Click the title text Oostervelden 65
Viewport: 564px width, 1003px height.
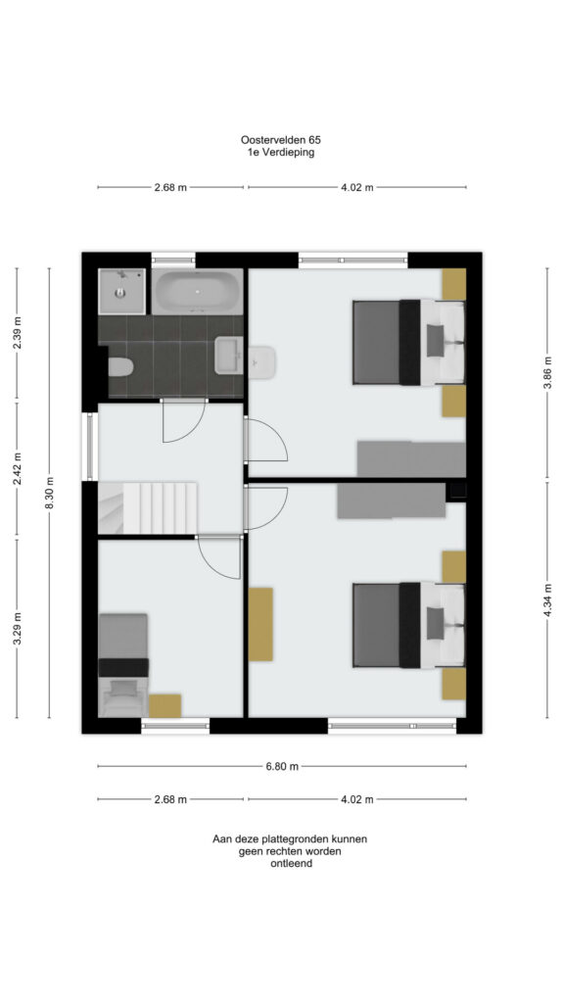pyautogui.click(x=281, y=139)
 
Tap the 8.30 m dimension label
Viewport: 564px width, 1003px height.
pyautogui.click(x=50, y=493)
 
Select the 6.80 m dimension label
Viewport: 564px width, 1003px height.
pyautogui.click(x=282, y=766)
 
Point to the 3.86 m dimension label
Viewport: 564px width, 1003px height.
pyautogui.click(x=547, y=372)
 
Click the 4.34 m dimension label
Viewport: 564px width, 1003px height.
pyautogui.click(x=547, y=600)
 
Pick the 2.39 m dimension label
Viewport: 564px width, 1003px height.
pyautogui.click(x=18, y=333)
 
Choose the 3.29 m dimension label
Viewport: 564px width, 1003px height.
pyautogui.click(x=18, y=629)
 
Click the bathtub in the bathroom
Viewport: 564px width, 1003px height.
pyautogui.click(x=197, y=292)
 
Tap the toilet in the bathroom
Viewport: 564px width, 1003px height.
pyautogui.click(x=119, y=367)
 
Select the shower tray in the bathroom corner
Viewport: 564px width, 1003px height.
pyautogui.click(x=121, y=291)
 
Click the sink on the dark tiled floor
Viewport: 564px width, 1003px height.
pyautogui.click(x=228, y=355)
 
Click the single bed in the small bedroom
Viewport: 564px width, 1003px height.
pyautogui.click(x=123, y=665)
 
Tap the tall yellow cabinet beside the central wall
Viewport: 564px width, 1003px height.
pyautogui.click(x=260, y=624)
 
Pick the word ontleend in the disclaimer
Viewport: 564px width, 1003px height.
pyautogui.click(x=291, y=864)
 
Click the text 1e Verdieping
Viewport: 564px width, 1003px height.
pyautogui.click(x=281, y=153)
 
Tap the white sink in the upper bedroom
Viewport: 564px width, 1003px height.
pyautogui.click(x=261, y=362)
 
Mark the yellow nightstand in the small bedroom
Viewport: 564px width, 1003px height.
pyautogui.click(x=164, y=705)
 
